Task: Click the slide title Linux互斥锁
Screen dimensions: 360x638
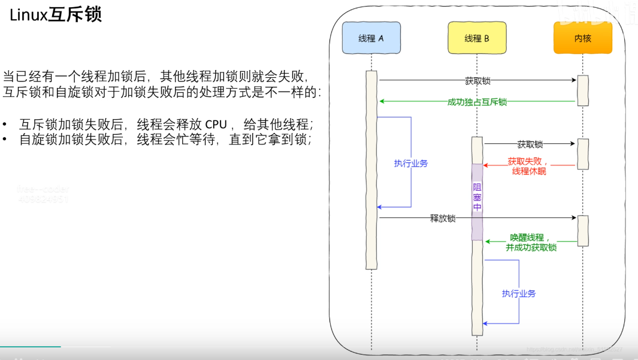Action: click(56, 15)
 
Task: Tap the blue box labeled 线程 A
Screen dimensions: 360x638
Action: click(371, 38)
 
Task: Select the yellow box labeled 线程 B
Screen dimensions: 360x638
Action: click(477, 38)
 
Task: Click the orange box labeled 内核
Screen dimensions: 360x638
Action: click(582, 38)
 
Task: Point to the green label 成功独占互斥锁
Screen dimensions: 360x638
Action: click(477, 102)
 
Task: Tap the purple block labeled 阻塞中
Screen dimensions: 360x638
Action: click(477, 198)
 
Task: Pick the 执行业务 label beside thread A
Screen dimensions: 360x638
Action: click(411, 164)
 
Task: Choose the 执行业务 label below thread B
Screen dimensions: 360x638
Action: click(519, 294)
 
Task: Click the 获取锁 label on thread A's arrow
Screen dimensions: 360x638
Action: click(477, 80)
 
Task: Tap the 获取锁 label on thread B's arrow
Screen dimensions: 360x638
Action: click(530, 144)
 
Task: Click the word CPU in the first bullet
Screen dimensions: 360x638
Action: click(216, 125)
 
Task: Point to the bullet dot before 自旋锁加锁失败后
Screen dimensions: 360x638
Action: click(5, 140)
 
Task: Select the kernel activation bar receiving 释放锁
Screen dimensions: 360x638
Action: click(583, 230)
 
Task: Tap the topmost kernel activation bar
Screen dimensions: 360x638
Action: click(583, 90)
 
